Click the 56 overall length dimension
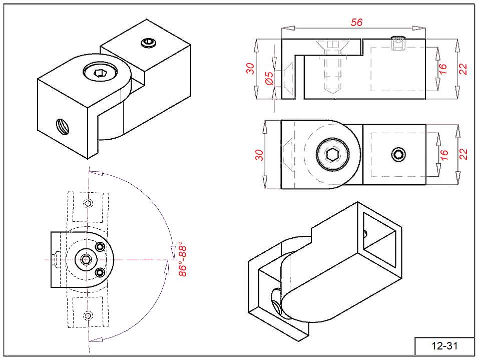coord(356,22)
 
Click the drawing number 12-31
coord(444,345)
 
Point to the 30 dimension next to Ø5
coord(251,68)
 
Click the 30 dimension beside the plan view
coord(259,155)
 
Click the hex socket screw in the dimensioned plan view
coord(332,155)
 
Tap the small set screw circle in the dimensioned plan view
coord(398,155)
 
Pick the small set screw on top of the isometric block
coord(148,43)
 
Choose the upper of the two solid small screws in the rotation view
coord(100,247)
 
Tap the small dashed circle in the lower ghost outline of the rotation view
coord(88,315)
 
